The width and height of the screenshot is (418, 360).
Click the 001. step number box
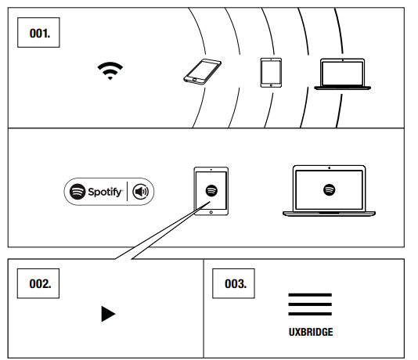click(x=38, y=33)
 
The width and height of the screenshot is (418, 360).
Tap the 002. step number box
click(x=38, y=283)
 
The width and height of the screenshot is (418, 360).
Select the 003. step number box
click(x=233, y=283)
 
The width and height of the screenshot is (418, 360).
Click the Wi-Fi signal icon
click(x=110, y=70)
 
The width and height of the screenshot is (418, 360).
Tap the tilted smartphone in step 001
click(x=202, y=72)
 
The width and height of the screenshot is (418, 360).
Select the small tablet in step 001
click(x=271, y=73)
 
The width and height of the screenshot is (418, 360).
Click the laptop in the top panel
click(x=343, y=74)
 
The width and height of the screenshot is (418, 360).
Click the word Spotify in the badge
click(x=106, y=192)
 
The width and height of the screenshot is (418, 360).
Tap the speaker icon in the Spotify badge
click(x=141, y=192)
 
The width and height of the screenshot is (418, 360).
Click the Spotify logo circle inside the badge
click(x=77, y=192)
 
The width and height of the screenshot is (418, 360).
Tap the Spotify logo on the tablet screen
click(x=211, y=190)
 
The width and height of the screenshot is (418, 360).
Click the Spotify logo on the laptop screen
click(x=330, y=190)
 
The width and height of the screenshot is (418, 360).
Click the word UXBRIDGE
click(x=311, y=332)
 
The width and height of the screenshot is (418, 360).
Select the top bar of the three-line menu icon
click(x=310, y=295)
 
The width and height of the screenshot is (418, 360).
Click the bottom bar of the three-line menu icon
click(x=310, y=314)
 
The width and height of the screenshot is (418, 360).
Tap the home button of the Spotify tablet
click(x=211, y=212)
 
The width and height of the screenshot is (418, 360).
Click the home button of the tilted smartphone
click(x=194, y=79)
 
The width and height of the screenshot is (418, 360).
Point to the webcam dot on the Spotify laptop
click(x=330, y=168)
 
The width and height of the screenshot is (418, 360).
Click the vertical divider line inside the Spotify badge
click(x=127, y=191)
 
